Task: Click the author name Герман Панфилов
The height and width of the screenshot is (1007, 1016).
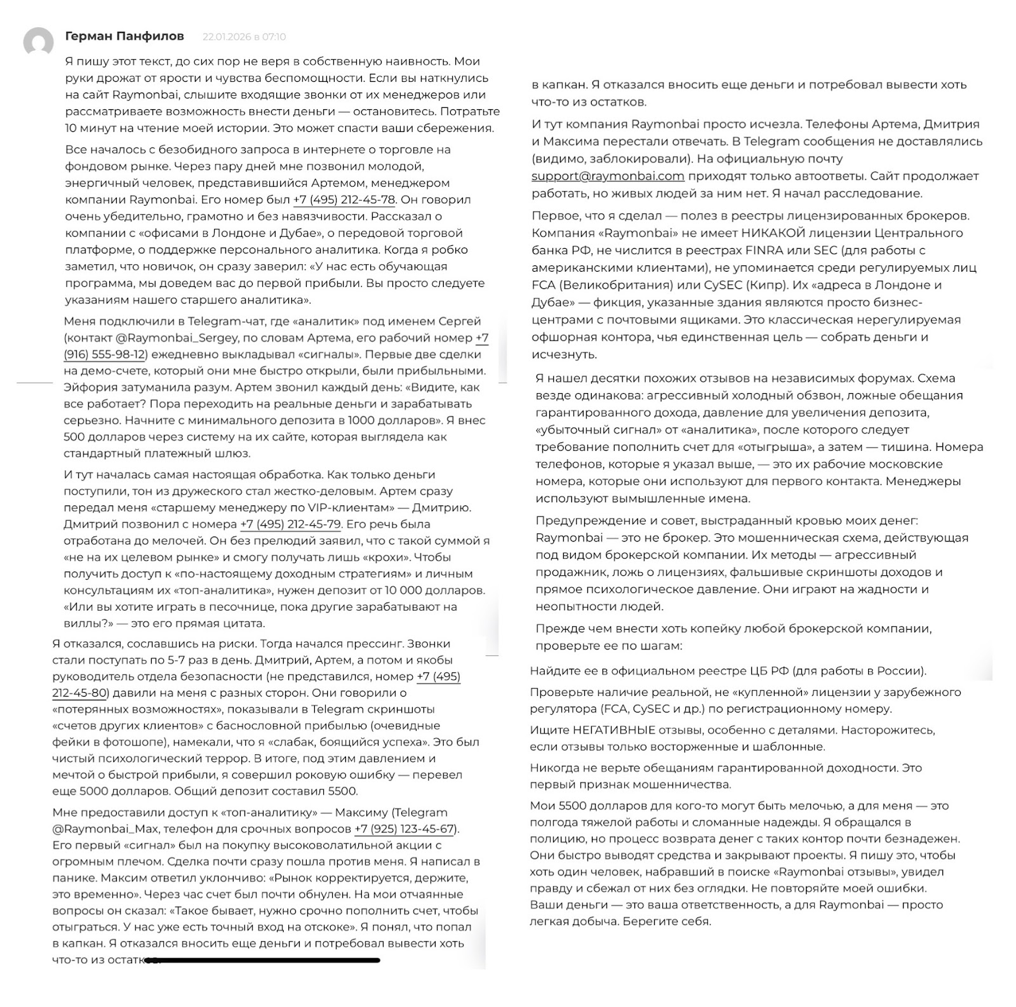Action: (x=124, y=36)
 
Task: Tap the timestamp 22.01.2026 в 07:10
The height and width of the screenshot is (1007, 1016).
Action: (x=244, y=37)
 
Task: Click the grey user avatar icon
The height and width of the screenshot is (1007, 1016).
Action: (x=38, y=43)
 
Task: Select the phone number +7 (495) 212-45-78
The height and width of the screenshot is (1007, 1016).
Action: (x=344, y=199)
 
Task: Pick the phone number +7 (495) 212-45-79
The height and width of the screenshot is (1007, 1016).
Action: (x=290, y=524)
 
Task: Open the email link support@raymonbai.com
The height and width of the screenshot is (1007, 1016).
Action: (x=608, y=176)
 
